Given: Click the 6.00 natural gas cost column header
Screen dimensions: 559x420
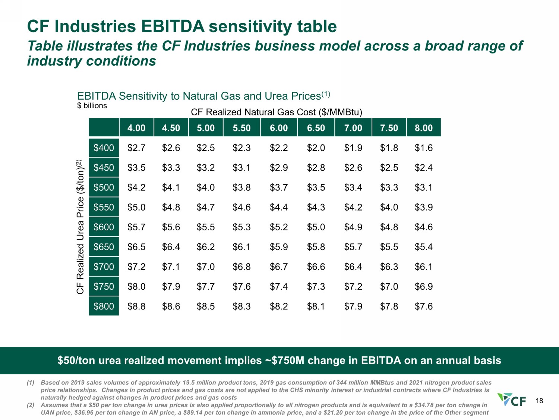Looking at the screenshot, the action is pos(279,128).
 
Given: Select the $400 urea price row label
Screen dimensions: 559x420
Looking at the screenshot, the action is pos(104,147).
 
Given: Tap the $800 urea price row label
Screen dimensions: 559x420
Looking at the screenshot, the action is pos(104,306).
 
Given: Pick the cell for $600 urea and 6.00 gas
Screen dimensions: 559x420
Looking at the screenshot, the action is pos(279,227).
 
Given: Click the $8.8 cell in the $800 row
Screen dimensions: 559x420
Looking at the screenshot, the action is pos(136,306).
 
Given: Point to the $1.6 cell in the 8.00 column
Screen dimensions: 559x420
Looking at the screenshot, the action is pos(423,147).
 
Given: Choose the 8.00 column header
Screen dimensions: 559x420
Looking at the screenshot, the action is pos(424,128).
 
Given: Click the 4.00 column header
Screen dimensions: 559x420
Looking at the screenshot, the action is pos(136,128).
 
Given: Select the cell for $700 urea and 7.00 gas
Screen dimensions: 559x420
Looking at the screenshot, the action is pos(353,267).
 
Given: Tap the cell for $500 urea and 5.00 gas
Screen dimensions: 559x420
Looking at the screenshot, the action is pos(205,187).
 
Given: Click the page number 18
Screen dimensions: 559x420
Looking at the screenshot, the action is pos(539,401).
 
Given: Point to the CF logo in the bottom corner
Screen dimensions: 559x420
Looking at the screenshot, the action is pos(512,399).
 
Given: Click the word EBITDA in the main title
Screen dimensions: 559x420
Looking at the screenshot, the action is pos(173,26).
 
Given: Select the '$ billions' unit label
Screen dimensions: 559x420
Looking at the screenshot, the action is pos(92,106).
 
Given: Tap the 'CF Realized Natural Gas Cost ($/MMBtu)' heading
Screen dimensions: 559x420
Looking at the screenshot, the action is pos(277,112).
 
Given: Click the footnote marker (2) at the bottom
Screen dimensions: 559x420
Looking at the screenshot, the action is pos(30,405).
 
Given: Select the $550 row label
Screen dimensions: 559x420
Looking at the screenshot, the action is pos(104,207).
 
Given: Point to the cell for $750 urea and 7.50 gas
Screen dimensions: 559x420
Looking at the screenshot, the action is pos(389,286).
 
